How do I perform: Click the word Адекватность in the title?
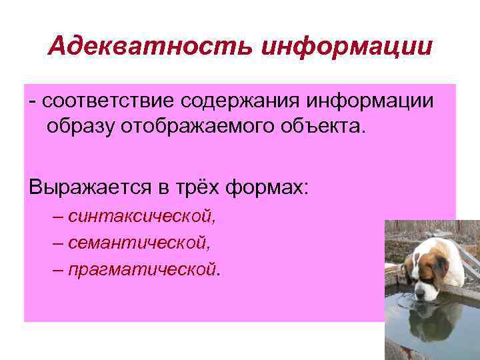click(149, 47)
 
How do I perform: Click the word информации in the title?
click(347, 47)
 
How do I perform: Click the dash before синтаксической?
click(58, 217)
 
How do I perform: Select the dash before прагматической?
click(58, 269)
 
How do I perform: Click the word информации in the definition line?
click(369, 101)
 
